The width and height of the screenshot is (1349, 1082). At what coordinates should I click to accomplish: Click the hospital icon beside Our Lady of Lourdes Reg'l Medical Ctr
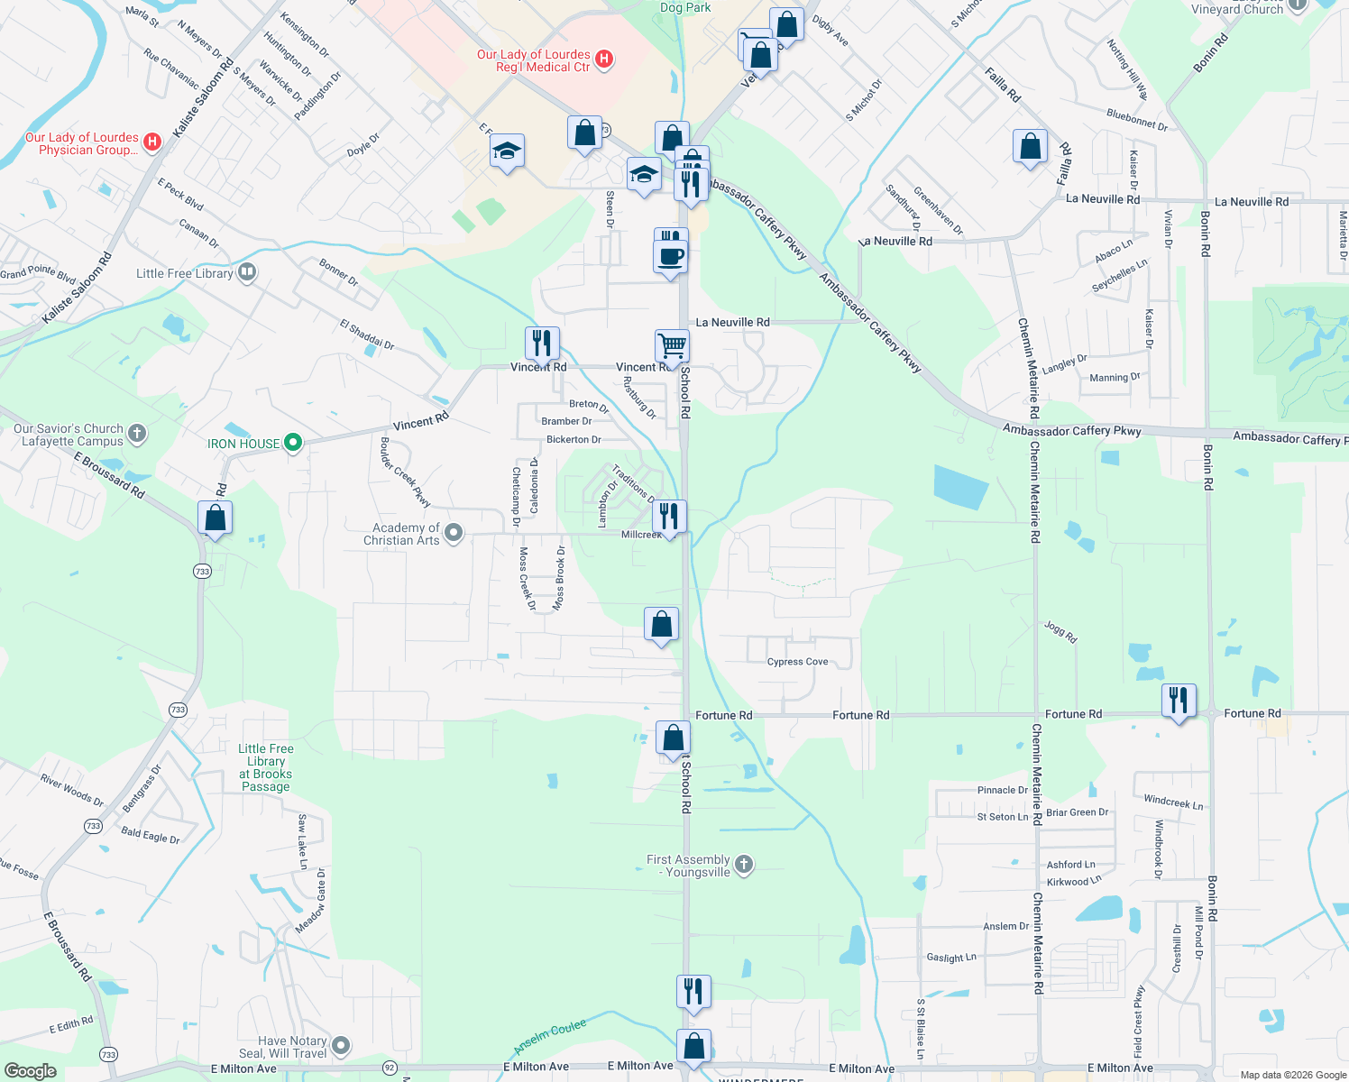605,60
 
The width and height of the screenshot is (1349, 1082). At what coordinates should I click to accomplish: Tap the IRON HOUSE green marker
292,443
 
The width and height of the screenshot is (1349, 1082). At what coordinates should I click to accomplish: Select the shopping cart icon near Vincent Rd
672,345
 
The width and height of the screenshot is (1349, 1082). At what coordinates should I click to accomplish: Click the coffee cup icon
670,256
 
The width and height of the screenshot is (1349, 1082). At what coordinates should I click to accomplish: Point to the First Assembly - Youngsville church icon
744,865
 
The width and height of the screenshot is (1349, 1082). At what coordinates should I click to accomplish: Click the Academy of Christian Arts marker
454,534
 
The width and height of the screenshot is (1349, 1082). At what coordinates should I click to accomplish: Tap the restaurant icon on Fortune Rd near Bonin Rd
1179,700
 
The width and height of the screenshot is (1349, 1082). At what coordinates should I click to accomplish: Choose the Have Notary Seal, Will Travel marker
340,1046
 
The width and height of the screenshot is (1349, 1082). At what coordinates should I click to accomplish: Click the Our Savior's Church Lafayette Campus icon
137,434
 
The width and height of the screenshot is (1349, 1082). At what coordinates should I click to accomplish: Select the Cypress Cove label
797,662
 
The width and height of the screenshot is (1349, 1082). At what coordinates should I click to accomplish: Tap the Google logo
31,1070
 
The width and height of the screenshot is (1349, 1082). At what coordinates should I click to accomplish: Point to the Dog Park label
685,7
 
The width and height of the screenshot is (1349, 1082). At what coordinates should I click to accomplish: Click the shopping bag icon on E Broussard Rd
215,518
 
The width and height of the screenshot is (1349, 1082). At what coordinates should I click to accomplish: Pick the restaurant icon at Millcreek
668,517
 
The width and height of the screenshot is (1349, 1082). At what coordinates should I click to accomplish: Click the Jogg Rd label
1060,631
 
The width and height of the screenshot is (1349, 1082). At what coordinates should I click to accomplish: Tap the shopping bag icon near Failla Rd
1030,146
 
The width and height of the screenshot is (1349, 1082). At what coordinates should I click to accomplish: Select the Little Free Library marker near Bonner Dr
247,272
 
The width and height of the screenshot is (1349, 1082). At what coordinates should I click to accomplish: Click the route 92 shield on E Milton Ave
390,1068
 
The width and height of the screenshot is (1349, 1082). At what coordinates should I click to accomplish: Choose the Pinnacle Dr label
1003,791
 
